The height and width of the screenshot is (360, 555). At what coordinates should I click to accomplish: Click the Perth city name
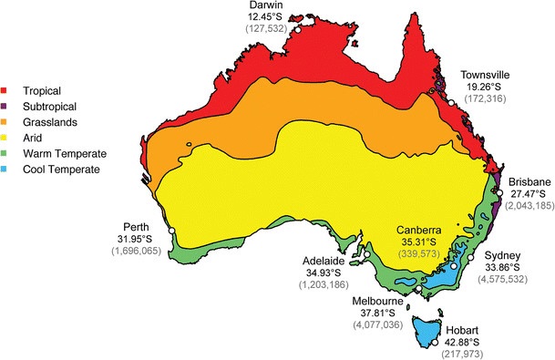pyautogui.click(x=139, y=227)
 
